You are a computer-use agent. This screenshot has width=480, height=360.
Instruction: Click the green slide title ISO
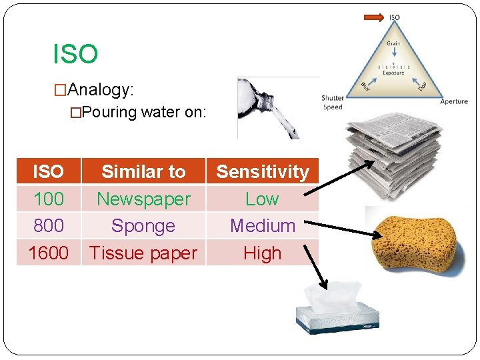[75, 55]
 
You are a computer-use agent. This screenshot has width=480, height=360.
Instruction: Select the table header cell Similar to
[143, 172]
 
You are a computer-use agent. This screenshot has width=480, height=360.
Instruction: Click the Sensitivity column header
[263, 172]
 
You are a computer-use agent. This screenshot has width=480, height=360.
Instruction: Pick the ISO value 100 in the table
[49, 199]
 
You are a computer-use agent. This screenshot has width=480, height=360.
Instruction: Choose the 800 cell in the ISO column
[49, 226]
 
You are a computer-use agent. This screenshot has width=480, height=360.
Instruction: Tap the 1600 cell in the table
[49, 253]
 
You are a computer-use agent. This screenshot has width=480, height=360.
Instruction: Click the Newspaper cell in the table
[143, 199]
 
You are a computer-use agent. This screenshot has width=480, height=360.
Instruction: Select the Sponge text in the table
[143, 226]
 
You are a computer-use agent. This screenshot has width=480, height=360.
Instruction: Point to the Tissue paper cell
[143, 253]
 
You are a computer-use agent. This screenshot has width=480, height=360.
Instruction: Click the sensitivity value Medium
[263, 226]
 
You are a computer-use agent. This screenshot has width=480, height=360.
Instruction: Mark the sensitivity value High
[263, 253]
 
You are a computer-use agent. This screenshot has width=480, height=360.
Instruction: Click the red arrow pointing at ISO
[373, 17]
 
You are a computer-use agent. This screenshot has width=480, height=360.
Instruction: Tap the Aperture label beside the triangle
[454, 101]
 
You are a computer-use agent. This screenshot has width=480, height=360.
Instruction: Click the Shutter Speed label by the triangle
[332, 103]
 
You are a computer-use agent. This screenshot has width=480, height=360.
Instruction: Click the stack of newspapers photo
[394, 157]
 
